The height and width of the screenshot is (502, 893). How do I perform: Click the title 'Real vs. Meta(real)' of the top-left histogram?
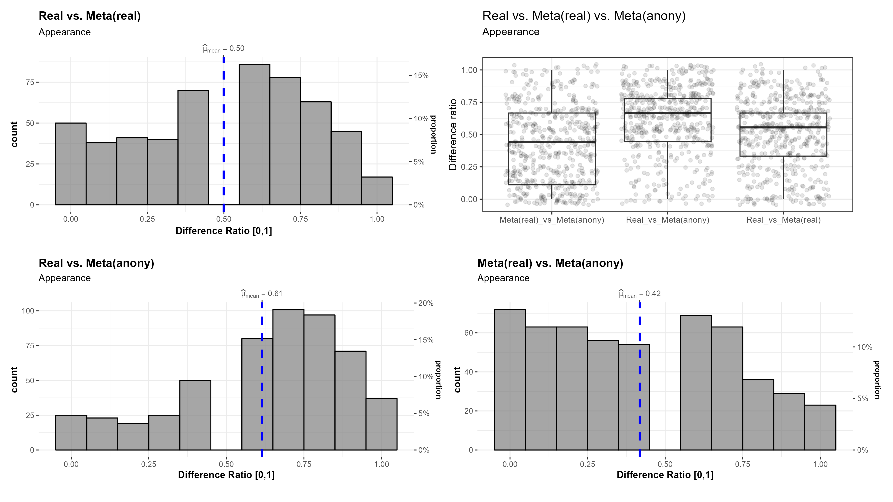[x=90, y=16]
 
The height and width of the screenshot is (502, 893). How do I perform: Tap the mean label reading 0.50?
[x=223, y=49]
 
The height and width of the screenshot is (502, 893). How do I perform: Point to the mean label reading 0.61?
[x=262, y=294]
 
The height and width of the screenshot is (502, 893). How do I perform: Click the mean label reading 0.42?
[x=640, y=294]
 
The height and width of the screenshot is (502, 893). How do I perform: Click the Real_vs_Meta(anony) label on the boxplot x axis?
[x=667, y=220]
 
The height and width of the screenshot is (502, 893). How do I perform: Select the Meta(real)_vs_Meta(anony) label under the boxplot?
[x=552, y=220]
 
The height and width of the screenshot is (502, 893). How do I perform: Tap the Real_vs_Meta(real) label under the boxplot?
[x=783, y=220]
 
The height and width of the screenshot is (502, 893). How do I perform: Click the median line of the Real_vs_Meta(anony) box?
[x=667, y=113]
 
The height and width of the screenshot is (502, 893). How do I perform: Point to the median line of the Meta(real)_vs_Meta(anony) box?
[x=552, y=141]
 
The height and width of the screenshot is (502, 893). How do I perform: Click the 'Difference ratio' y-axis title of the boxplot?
[x=453, y=134]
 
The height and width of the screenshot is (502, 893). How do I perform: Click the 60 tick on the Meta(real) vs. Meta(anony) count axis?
[x=468, y=333]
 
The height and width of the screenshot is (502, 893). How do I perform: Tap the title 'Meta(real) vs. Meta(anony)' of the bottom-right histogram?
[x=550, y=263]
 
